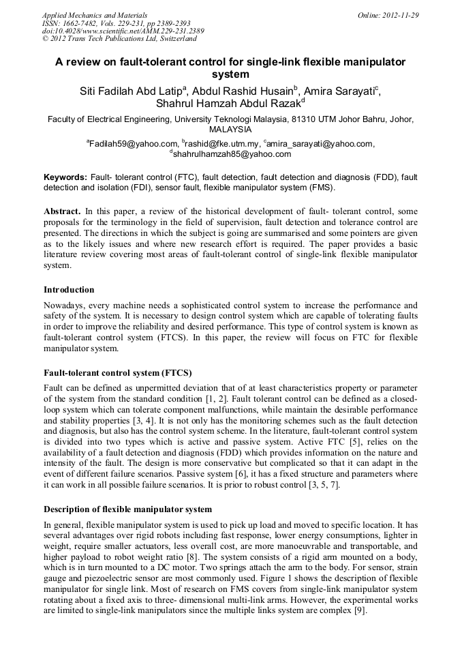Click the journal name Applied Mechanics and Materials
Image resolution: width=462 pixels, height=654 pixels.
[x=94, y=15]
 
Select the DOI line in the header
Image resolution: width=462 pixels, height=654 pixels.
[x=123, y=31]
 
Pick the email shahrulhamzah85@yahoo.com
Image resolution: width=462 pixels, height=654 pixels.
[x=232, y=155]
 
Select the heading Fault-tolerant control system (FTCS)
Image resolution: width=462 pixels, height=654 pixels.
[x=117, y=373]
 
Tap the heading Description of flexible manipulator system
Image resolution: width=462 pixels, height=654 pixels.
[x=127, y=509]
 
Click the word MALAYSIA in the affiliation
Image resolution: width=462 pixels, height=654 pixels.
[x=231, y=130]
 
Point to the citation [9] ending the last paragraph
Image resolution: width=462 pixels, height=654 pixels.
[x=359, y=611]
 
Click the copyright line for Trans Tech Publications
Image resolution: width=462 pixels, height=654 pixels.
[x=119, y=40]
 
